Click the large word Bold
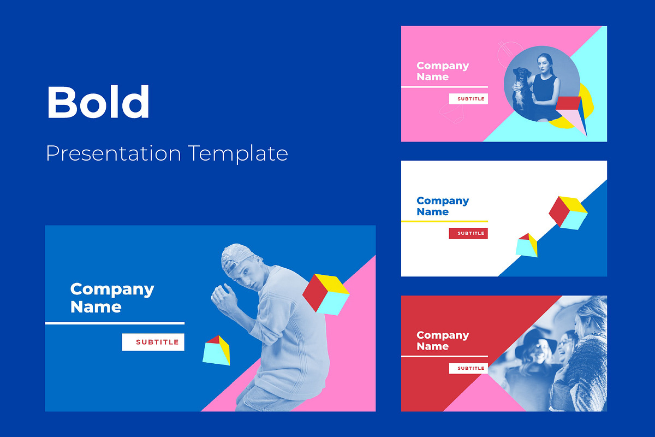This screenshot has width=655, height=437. (98, 102)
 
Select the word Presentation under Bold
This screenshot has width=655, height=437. (113, 153)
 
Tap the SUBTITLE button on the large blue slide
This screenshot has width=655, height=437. (153, 342)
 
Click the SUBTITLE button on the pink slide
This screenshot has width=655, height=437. (468, 99)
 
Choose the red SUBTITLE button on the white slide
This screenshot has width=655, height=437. (468, 233)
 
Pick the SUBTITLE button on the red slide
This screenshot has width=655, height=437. (468, 368)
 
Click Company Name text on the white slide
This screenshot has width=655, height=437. (442, 206)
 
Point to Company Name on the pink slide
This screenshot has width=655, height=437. (442, 71)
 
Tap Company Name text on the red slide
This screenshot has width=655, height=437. (442, 340)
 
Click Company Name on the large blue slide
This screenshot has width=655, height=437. (112, 298)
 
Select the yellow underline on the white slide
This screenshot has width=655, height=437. (444, 221)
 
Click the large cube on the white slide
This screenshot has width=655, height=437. (568, 212)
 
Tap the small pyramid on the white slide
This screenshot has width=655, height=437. (526, 245)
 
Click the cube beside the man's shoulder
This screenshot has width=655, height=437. (325, 294)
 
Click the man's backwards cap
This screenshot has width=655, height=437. (235, 258)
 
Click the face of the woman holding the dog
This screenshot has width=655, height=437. (544, 64)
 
